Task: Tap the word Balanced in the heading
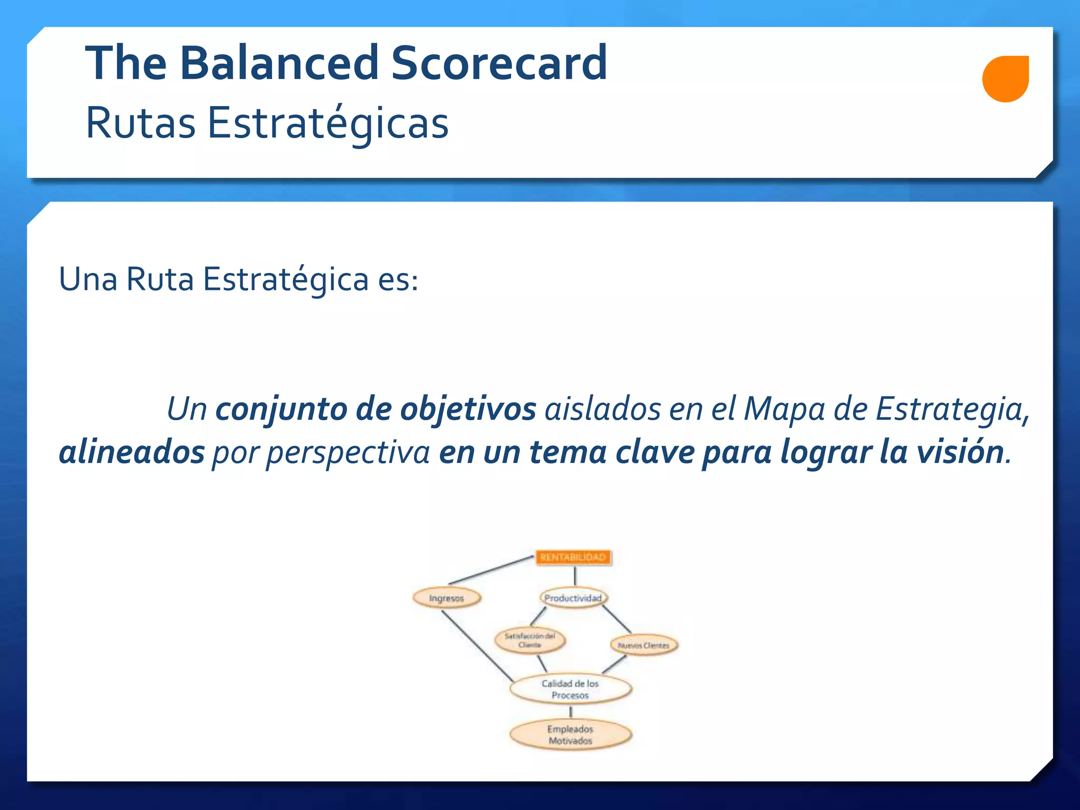(278, 63)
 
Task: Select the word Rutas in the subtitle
(140, 123)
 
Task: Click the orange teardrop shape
(1005, 79)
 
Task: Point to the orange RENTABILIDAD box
(573, 557)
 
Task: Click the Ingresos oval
(447, 598)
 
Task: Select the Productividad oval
(573, 598)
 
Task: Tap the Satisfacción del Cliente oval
(529, 640)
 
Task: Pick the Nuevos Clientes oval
(643, 645)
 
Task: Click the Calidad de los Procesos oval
(571, 689)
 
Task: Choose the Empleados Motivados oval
(571, 735)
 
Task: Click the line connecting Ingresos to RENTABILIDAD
(490, 570)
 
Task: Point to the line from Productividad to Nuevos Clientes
(616, 619)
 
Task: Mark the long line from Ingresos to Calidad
(477, 645)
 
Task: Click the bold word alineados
(131, 452)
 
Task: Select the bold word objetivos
(468, 409)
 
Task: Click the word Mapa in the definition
(784, 409)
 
